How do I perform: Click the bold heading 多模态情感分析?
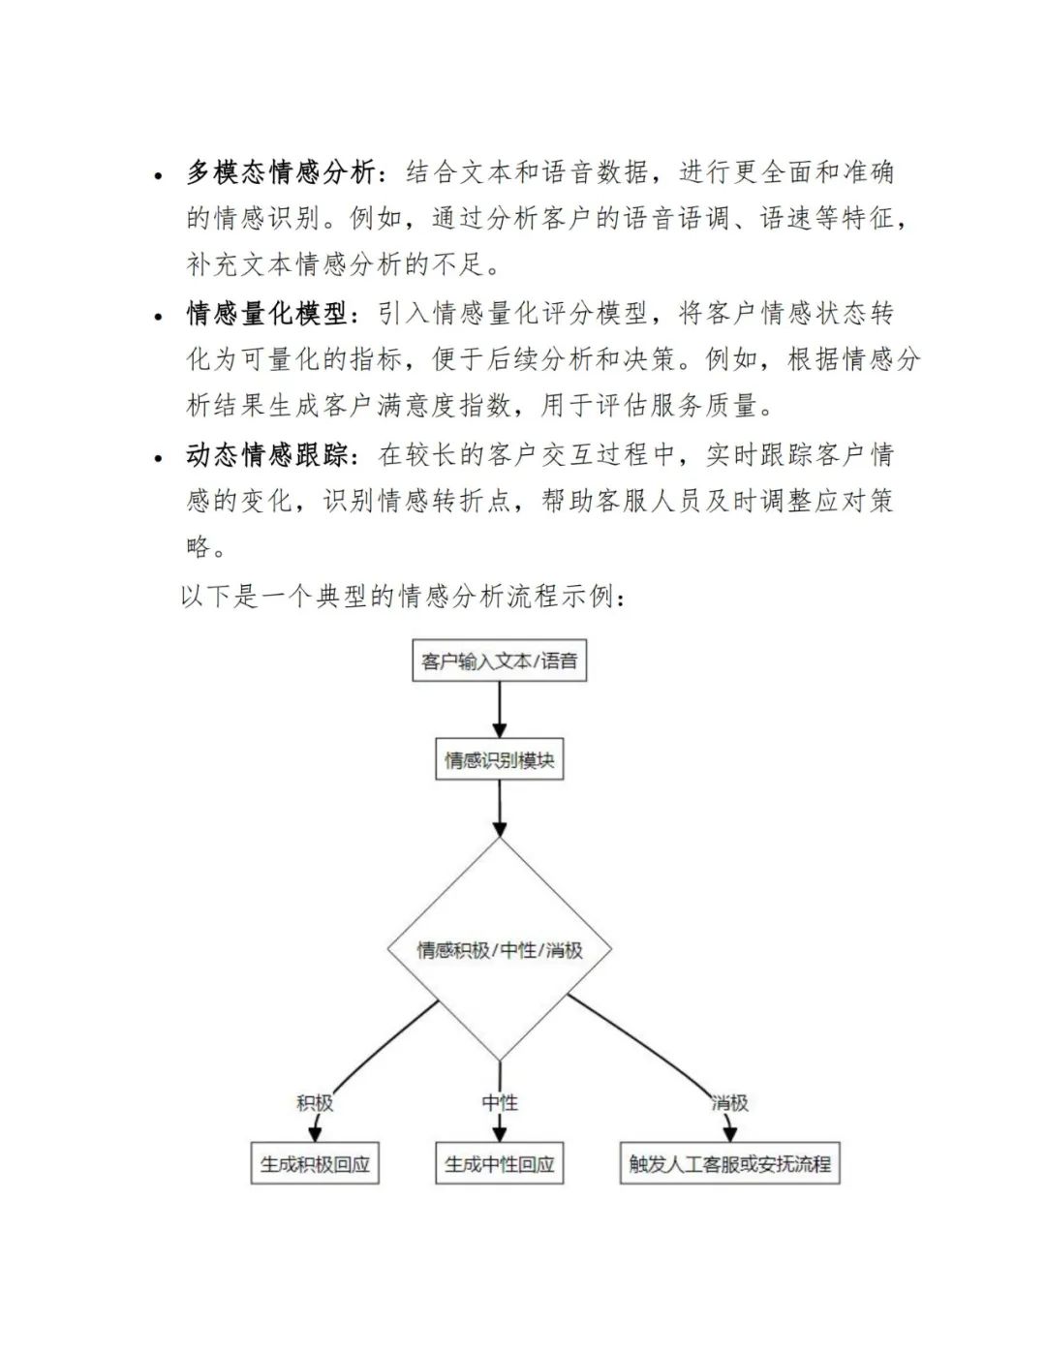tap(281, 172)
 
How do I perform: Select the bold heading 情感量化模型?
tap(267, 314)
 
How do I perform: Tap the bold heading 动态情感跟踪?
tap(267, 455)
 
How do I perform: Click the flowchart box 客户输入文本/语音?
tap(500, 661)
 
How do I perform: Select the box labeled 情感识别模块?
tap(500, 760)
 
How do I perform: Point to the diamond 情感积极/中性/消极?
tap(500, 949)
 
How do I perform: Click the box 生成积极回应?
tap(315, 1164)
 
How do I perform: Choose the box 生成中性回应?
tap(500, 1164)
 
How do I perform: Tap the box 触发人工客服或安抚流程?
tap(729, 1164)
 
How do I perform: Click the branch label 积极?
tap(315, 1103)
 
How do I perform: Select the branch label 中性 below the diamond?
tap(500, 1103)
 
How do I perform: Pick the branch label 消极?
tap(729, 1103)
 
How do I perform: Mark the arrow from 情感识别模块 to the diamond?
tap(500, 808)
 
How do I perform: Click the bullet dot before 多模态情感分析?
tap(159, 175)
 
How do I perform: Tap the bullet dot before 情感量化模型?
tap(159, 317)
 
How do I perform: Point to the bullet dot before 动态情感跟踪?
tap(159, 458)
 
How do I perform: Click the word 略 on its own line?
tap(199, 547)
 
